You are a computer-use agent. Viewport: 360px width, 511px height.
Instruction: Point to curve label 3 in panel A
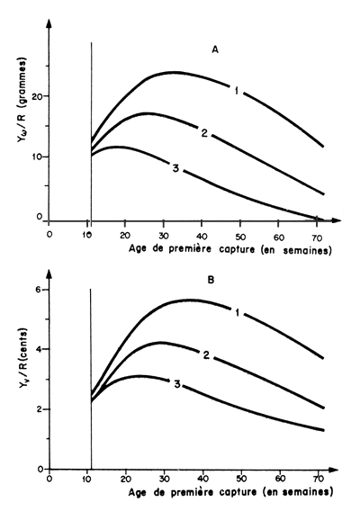(174, 166)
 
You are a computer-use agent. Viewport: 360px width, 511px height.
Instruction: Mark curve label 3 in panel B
(178, 385)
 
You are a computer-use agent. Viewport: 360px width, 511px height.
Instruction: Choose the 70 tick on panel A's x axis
(320, 233)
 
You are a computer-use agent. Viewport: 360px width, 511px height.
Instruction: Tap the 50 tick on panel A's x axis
(244, 233)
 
